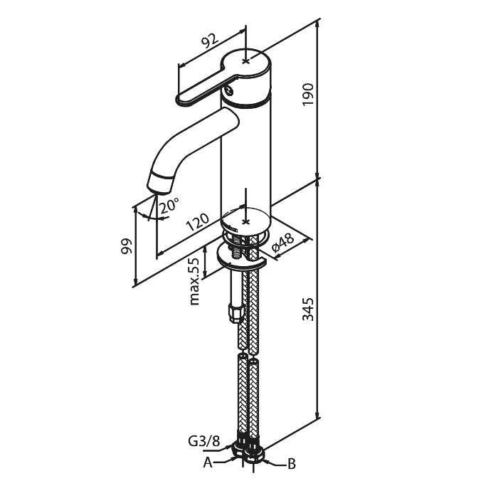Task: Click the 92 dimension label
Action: pyautogui.click(x=211, y=40)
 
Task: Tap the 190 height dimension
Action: pyautogui.click(x=308, y=94)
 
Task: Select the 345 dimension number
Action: pyautogui.click(x=308, y=309)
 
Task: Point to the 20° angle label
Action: pyautogui.click(x=169, y=205)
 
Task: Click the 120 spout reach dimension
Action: pyautogui.click(x=198, y=221)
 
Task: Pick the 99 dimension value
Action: pyautogui.click(x=127, y=246)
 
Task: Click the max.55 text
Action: pyautogui.click(x=194, y=281)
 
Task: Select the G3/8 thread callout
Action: pyautogui.click(x=204, y=442)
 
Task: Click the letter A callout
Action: pyautogui.click(x=208, y=462)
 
